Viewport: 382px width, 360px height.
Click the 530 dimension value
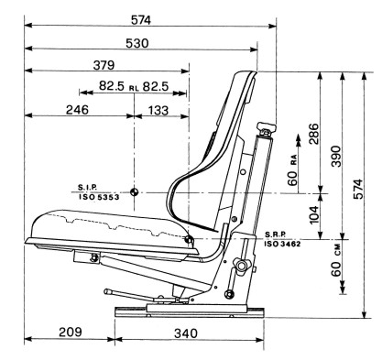[137, 43]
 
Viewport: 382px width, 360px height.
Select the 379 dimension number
[104, 65]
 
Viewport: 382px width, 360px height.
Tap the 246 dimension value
[77, 110]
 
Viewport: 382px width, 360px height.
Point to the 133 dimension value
[158, 110]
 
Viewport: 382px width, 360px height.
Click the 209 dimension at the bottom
[71, 332]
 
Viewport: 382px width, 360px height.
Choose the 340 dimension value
[186, 333]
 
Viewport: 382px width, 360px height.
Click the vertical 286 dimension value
[313, 134]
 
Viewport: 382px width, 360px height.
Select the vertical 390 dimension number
[336, 156]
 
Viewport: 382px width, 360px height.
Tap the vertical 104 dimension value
[313, 215]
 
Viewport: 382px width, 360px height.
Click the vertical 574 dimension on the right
[358, 189]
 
